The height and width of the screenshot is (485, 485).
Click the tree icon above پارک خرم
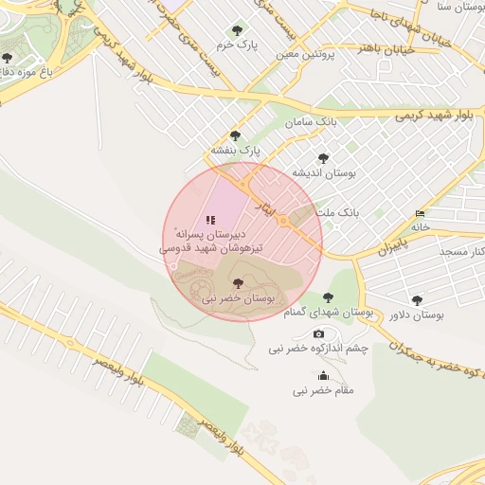[236, 29]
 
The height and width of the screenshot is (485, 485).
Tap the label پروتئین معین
[307, 54]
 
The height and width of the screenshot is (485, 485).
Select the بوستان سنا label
[456, 8]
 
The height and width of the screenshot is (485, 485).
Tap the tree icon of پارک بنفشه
[235, 136]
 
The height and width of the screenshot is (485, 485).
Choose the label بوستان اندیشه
[323, 173]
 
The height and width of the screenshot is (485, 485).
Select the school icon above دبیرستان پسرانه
[210, 219]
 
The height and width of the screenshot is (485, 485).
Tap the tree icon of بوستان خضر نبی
[237, 283]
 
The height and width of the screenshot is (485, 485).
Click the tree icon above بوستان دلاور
[417, 300]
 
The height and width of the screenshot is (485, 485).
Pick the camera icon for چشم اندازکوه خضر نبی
[318, 333]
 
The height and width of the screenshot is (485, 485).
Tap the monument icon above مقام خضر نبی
[323, 375]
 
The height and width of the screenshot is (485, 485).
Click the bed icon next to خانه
[421, 213]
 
